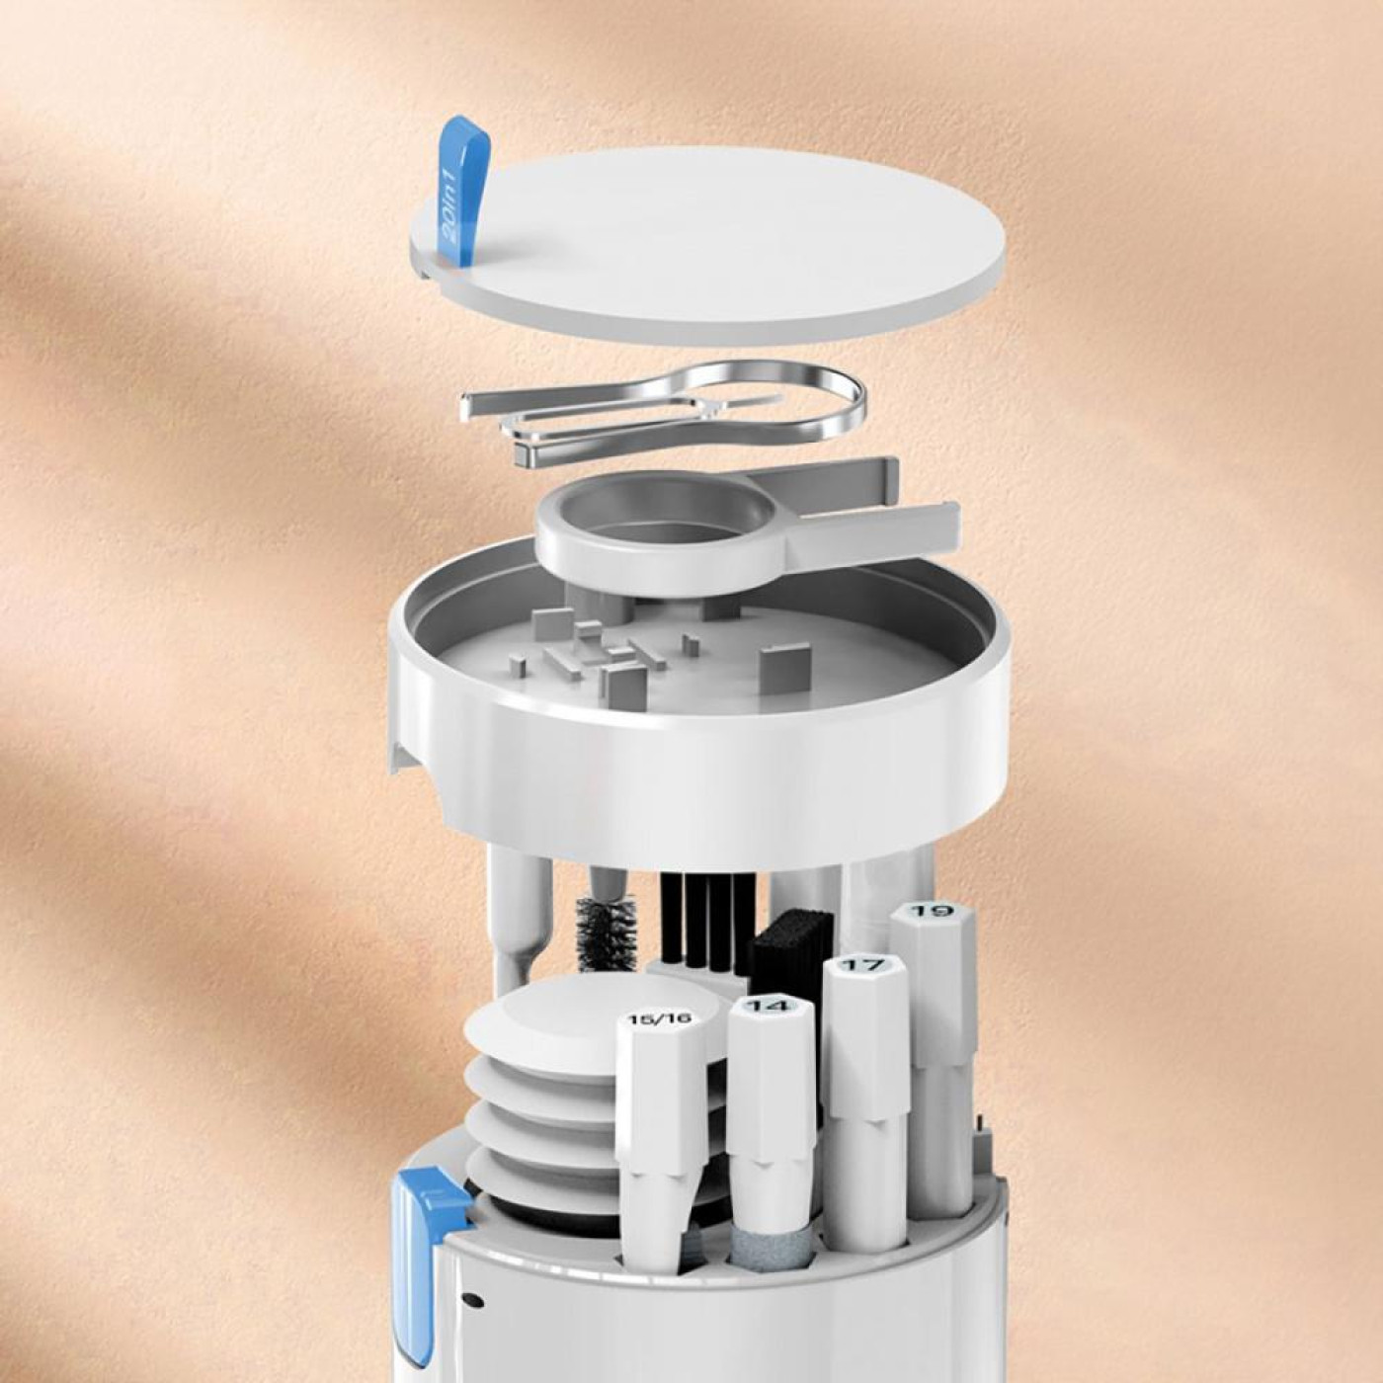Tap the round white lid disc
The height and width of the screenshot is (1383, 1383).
721,247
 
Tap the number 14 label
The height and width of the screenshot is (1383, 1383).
771,1006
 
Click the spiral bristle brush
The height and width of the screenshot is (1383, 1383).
607,934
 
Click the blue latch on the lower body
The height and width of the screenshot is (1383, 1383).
420,1245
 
